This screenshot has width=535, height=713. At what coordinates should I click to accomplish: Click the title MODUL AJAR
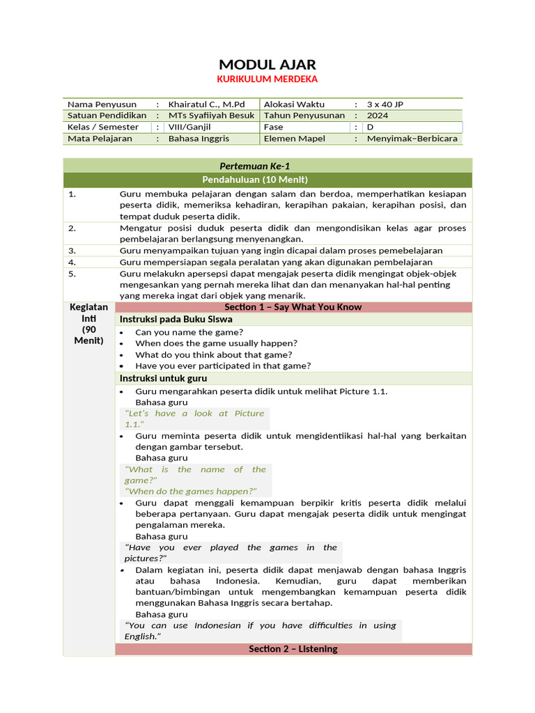[267, 65]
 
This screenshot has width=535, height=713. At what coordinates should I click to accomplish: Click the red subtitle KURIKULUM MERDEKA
[267, 79]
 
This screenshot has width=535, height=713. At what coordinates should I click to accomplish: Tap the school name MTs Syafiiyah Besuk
[212, 116]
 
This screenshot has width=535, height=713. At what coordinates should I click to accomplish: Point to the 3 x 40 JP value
[385, 104]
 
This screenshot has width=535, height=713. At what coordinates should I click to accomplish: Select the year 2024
[378, 116]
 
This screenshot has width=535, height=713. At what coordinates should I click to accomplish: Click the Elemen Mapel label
[295, 139]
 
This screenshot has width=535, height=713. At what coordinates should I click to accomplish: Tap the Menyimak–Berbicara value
[412, 139]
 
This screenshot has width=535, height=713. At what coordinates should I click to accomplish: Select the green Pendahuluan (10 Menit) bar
[267, 180]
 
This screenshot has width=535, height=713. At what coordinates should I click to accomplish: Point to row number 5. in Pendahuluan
[72, 274]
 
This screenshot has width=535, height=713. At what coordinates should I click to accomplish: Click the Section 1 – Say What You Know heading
[293, 307]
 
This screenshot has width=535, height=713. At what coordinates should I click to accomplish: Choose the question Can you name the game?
[189, 332]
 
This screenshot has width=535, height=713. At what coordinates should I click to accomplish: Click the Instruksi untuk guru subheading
[163, 378]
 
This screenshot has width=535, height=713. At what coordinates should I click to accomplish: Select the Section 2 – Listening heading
[293, 649]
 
